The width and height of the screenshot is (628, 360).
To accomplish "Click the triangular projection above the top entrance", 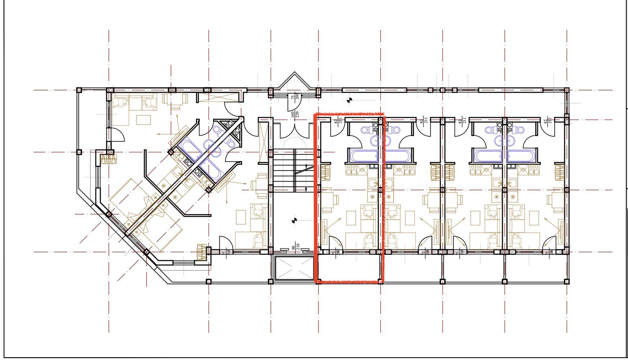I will pyautogui.click(x=295, y=80).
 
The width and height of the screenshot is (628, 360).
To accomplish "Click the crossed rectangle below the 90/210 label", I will pyautogui.click(x=294, y=268).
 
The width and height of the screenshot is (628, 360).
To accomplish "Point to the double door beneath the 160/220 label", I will pyautogui.click(x=295, y=130).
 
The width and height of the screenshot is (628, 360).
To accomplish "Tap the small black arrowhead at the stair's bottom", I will pyautogui.click(x=306, y=189).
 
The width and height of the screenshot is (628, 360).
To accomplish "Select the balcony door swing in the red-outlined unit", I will pyautogui.click(x=336, y=243).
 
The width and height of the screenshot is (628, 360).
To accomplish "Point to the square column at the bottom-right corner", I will pyautogui.click(x=566, y=282).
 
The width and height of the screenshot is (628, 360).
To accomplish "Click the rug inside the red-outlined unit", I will pyautogui.click(x=351, y=218).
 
